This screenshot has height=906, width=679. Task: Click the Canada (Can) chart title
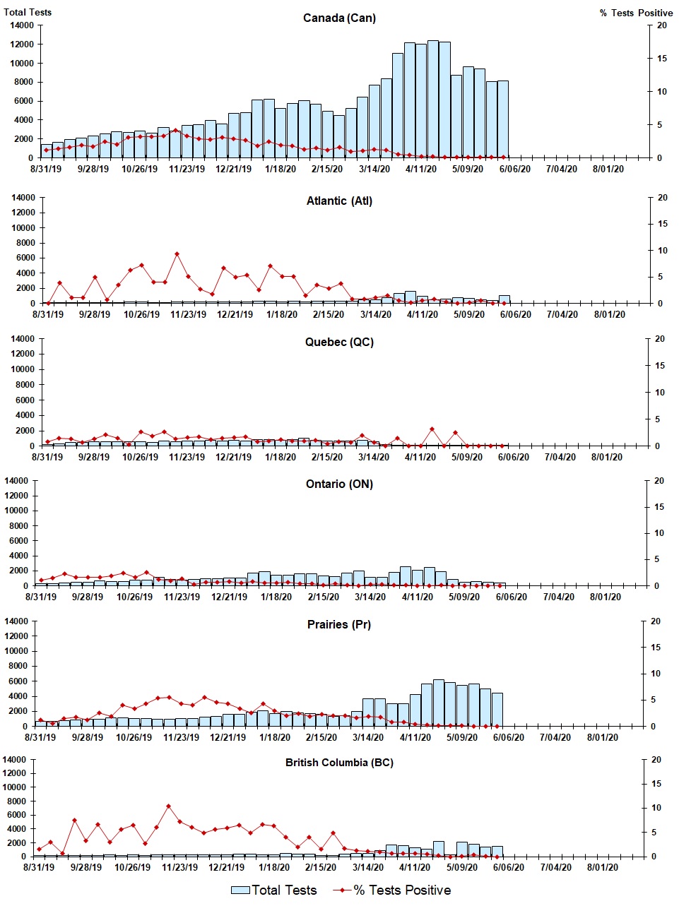(x=339, y=18)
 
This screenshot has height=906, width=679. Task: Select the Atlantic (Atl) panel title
(x=339, y=201)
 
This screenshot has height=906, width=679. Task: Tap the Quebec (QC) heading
(x=339, y=342)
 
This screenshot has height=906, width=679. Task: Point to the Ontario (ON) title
(x=339, y=484)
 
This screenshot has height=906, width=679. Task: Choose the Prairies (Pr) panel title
(x=339, y=625)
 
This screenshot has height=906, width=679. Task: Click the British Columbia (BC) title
(x=339, y=763)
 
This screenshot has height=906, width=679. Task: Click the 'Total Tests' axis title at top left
(x=28, y=12)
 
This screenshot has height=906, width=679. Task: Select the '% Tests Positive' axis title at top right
(x=636, y=13)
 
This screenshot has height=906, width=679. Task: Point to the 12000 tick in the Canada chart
(x=22, y=44)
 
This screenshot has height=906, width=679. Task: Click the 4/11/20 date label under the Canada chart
(x=421, y=169)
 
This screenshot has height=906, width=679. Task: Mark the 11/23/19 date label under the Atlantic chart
(x=188, y=314)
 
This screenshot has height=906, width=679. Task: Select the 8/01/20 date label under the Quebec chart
(x=607, y=457)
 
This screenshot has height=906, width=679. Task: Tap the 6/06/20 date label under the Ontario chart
(x=511, y=597)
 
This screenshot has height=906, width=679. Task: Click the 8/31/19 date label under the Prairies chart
(x=40, y=737)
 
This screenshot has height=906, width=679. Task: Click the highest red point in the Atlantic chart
(x=177, y=254)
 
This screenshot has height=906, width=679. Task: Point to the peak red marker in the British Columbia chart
(x=168, y=806)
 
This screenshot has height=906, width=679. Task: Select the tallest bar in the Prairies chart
(x=439, y=703)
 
